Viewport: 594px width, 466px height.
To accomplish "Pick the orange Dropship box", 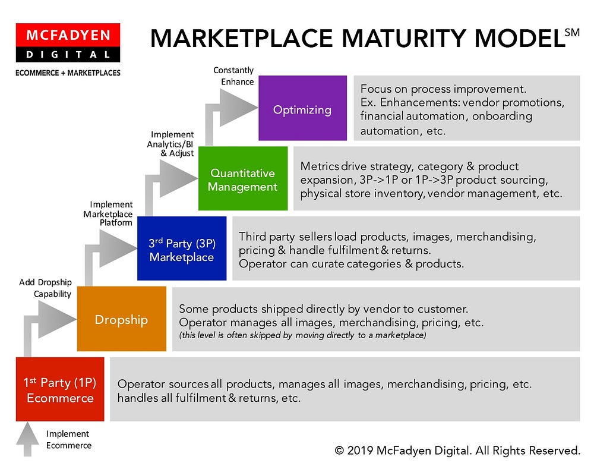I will click(122, 319).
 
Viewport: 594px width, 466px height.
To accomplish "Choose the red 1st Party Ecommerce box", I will click(60, 389).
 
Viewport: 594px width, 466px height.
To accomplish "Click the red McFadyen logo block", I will click(68, 36).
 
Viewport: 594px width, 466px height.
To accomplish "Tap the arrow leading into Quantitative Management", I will click(178, 177).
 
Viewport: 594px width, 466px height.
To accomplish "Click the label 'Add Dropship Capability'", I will click(45, 288).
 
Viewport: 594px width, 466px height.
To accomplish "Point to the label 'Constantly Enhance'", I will click(233, 76).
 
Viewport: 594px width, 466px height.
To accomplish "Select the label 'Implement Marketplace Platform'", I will click(108, 214).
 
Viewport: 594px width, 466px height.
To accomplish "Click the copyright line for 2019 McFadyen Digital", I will click(457, 450).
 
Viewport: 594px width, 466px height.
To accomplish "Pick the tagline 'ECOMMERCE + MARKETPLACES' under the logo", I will click(68, 73).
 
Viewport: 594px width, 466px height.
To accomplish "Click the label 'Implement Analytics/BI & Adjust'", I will click(172, 144).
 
